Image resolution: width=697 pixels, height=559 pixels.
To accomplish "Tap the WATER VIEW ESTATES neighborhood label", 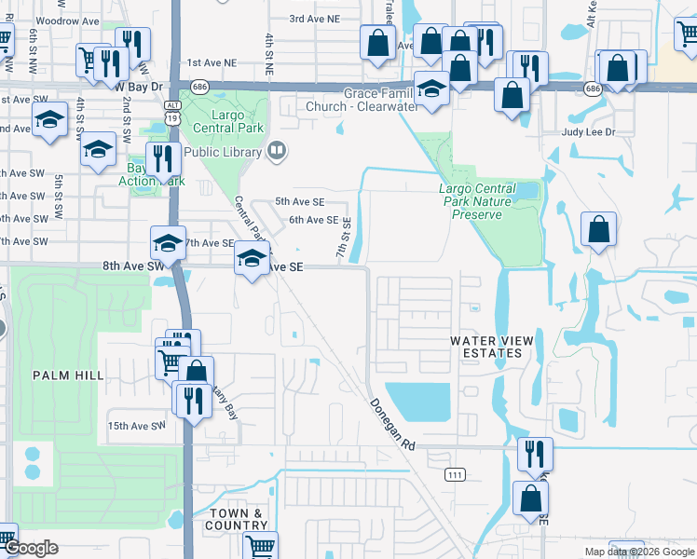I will tap(485, 348).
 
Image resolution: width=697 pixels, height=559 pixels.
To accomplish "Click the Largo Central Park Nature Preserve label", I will tap(476, 201).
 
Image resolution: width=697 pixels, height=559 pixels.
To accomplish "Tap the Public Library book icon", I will tap(276, 151).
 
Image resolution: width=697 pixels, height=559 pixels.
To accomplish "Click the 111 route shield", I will tap(455, 474).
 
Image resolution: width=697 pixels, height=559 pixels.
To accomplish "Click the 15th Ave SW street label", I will tap(136, 426).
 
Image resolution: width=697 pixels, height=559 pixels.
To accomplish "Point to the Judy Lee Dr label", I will tap(589, 132).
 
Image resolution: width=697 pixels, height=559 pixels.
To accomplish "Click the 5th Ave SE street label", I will tap(299, 201).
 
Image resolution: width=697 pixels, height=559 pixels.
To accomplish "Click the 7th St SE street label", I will tap(343, 239).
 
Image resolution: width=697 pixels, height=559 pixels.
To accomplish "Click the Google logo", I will tap(31, 548).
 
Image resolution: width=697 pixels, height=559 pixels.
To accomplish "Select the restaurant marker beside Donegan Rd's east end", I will tap(535, 454).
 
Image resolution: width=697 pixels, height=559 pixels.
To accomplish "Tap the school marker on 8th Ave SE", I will tap(251, 258).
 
